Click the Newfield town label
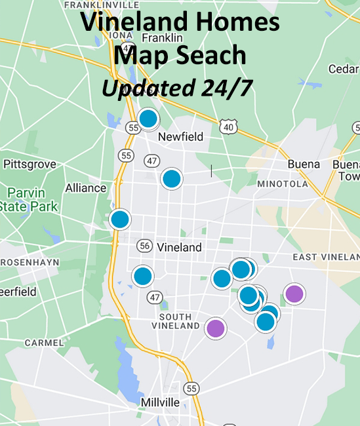tap(181, 137)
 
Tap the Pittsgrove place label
tap(30, 164)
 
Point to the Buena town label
tap(304, 165)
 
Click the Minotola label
tap(283, 184)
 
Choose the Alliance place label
tap(85, 188)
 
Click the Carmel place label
tap(44, 342)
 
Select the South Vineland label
tap(175, 319)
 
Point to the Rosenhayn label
tap(30, 261)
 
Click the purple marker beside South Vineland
tap(215, 328)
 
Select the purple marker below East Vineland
tap(294, 294)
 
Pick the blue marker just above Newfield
tap(149, 119)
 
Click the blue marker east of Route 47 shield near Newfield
tap(172, 178)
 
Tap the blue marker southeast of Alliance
tap(120, 219)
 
